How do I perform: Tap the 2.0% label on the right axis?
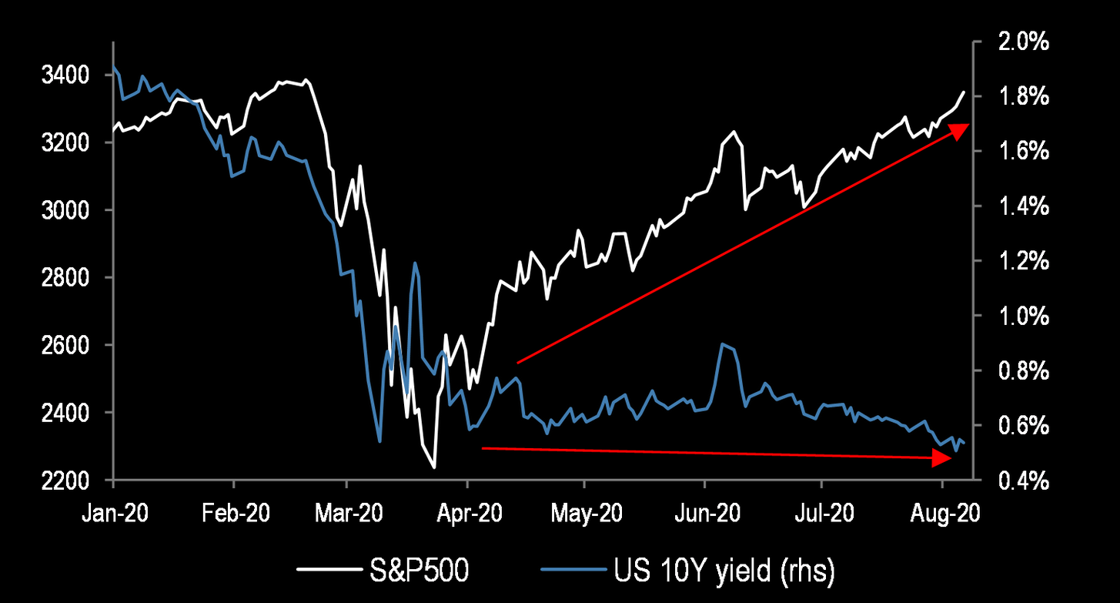tap(1017, 42)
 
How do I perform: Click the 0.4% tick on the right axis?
tap(1017, 481)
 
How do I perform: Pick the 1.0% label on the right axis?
tap(1017, 316)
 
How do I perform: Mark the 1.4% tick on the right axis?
tap(1017, 206)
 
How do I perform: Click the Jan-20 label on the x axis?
tap(113, 514)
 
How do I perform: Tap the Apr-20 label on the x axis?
tap(467, 514)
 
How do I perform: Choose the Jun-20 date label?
tap(704, 514)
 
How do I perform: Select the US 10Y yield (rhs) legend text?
tap(724, 571)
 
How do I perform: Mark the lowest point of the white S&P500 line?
tap(434, 467)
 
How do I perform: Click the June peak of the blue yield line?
tap(722, 344)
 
